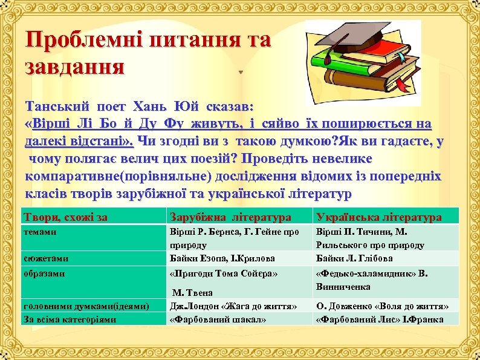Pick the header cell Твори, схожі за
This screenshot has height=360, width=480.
65,217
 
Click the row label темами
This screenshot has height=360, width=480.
40,231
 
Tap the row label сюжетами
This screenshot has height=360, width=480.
45,258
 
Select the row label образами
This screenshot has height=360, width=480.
44,273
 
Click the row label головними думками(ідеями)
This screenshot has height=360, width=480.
85,306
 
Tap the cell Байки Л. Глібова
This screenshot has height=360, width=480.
354,258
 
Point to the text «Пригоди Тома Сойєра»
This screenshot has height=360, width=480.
224,273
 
